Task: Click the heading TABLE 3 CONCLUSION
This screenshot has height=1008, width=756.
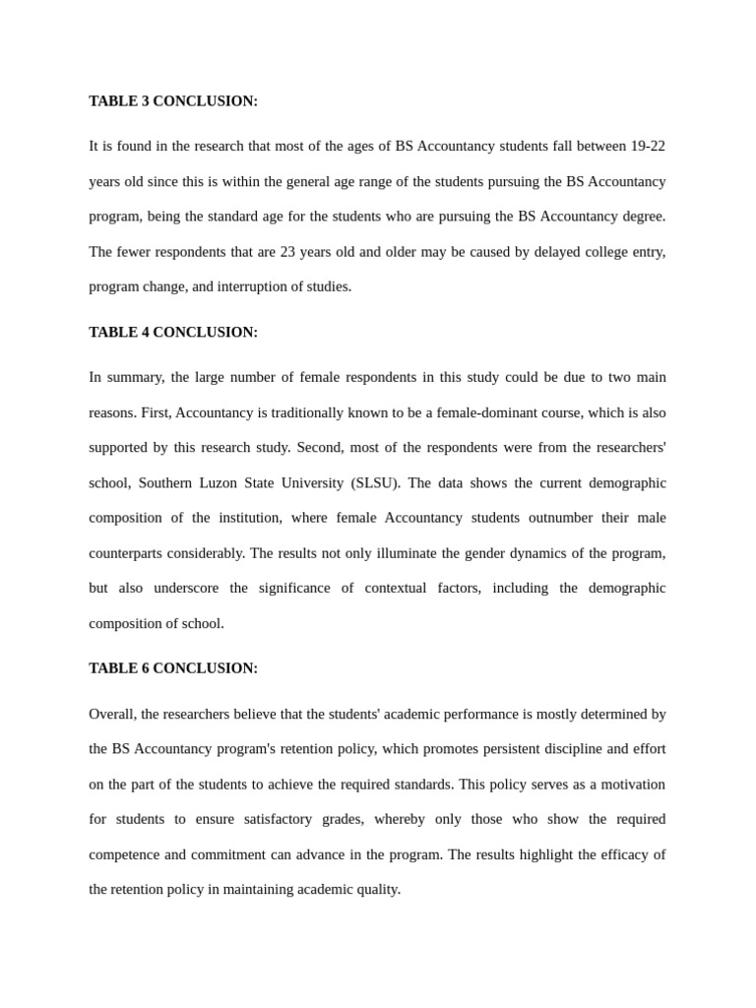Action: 173,101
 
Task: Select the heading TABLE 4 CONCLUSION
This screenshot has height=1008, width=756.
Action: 173,333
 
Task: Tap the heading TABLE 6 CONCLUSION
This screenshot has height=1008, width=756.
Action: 173,668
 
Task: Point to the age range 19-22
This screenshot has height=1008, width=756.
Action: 648,147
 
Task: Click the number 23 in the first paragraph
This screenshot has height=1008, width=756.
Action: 288,252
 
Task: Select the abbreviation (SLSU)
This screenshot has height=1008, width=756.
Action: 375,483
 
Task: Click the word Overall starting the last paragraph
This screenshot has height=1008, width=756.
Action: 111,715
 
